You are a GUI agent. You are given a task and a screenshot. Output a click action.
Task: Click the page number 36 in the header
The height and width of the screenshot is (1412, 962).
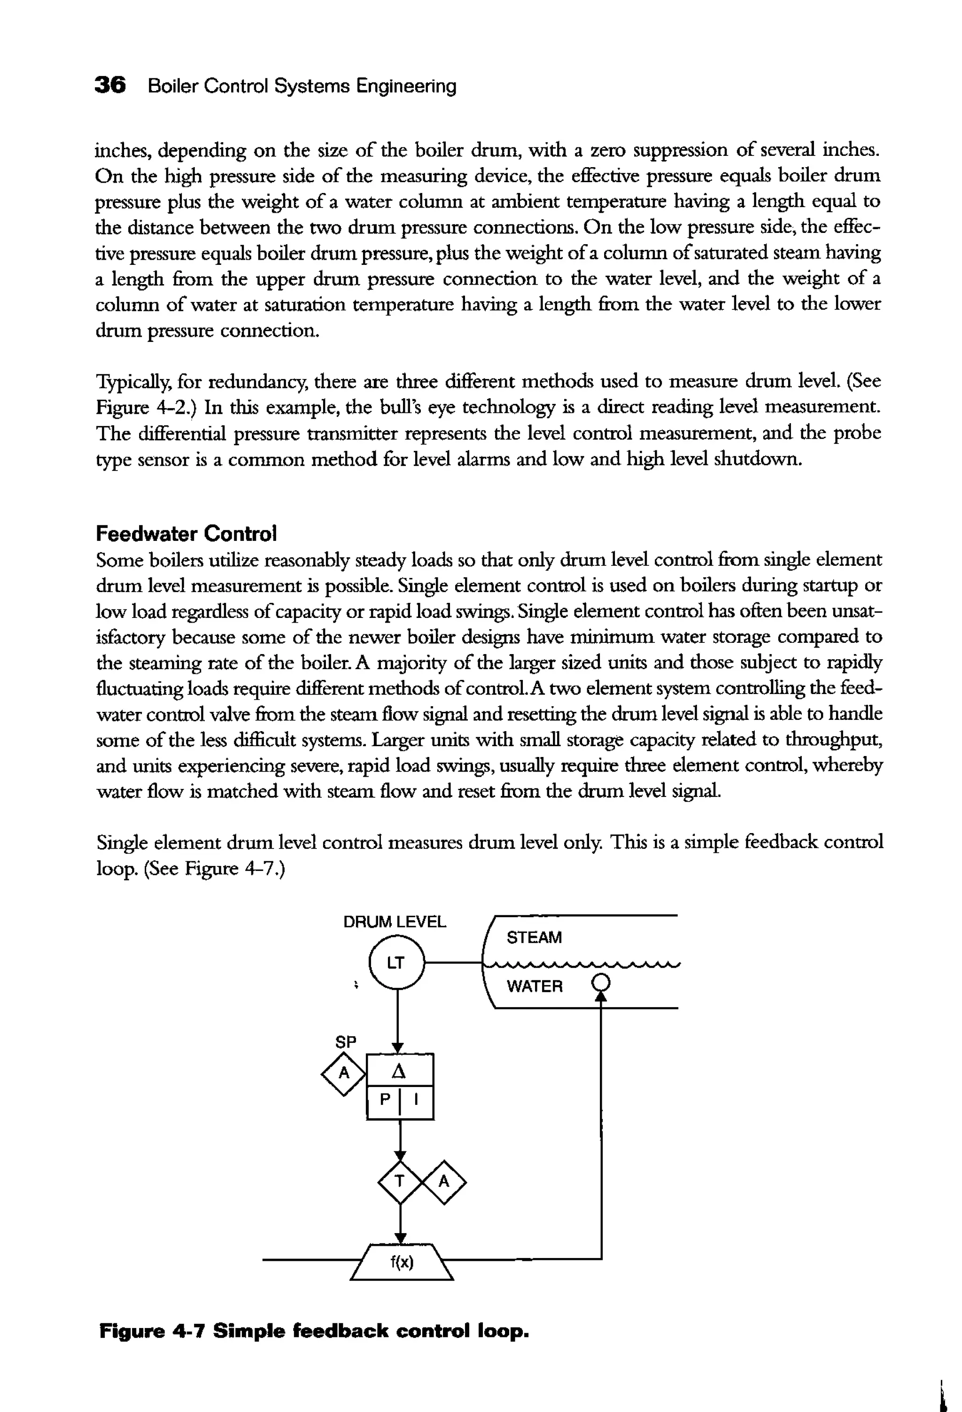[110, 85]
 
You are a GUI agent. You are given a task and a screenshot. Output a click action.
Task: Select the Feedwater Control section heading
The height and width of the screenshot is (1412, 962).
[186, 533]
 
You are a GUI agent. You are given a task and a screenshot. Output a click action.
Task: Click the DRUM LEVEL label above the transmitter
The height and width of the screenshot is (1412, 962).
[395, 922]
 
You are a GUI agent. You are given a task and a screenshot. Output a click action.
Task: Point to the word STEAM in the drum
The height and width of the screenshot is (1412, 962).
[534, 937]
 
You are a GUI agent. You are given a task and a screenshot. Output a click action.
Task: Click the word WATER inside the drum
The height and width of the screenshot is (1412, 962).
[534, 986]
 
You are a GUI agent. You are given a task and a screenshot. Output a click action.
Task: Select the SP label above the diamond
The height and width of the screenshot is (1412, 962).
[345, 1042]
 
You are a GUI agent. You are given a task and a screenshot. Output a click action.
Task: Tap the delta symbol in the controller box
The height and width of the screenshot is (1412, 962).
[399, 1071]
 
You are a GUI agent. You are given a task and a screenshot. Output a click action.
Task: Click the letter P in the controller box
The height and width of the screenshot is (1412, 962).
[385, 1099]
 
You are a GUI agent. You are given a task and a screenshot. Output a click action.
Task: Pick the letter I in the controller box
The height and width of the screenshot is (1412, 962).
[416, 1099]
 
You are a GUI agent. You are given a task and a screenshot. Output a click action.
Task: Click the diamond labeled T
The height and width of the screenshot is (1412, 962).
[399, 1181]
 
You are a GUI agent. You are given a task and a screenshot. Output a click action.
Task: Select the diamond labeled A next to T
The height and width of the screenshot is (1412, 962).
[444, 1181]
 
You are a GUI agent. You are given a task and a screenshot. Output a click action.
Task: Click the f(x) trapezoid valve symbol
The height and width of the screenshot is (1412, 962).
[402, 1263]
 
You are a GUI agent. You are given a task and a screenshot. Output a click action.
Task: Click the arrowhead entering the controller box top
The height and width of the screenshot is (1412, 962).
[398, 1048]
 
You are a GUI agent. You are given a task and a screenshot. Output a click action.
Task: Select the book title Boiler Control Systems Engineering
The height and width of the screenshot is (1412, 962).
[302, 85]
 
